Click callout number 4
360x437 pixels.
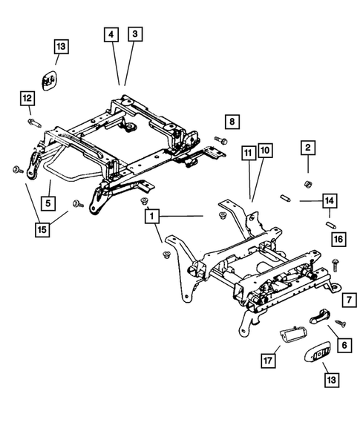tap(110, 35)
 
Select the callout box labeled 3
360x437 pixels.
tap(134, 35)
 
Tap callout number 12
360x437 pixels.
tap(27, 97)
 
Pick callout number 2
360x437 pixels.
tap(307, 148)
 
